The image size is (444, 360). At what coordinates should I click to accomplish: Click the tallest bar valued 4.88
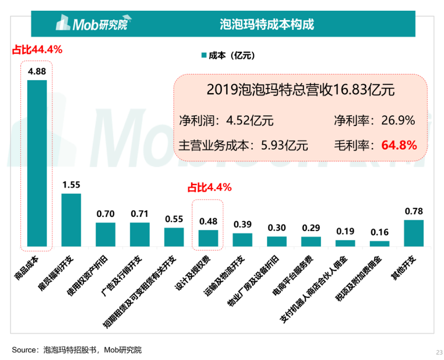(x=37, y=164)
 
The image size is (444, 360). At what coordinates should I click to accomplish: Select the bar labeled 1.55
(x=71, y=220)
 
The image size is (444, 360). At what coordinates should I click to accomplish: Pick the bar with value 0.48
(x=208, y=239)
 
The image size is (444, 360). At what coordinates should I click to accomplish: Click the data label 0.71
(x=140, y=213)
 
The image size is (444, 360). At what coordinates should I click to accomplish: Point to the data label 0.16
(x=379, y=232)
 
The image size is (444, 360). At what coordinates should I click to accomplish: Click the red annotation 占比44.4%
(x=37, y=50)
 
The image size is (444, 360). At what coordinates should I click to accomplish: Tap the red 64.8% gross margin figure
(x=398, y=146)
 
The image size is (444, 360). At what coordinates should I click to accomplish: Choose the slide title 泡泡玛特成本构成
(x=267, y=24)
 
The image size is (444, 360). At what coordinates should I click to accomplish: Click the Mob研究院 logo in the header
(x=92, y=24)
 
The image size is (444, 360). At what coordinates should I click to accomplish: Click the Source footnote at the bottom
(x=77, y=350)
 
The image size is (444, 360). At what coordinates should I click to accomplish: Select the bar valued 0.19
(x=345, y=243)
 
